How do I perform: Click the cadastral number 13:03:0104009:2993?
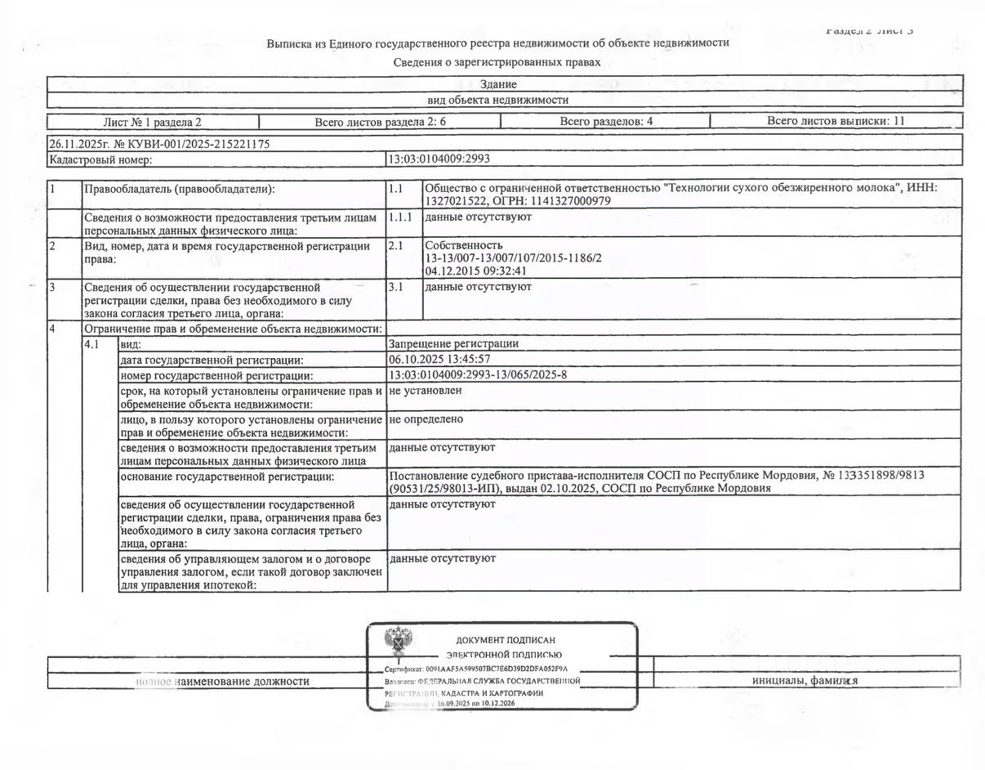tap(439, 159)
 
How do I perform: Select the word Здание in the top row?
tap(498, 84)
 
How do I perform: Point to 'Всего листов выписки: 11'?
tap(836, 121)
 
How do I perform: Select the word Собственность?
tap(464, 245)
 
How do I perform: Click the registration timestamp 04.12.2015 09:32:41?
tap(475, 271)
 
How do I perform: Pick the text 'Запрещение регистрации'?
tap(454, 344)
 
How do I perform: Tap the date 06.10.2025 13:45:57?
tap(440, 359)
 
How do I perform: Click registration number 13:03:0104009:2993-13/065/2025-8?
tap(478, 374)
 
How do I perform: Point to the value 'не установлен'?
tap(426, 391)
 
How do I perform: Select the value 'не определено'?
tap(426, 419)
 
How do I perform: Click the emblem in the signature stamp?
tap(398, 644)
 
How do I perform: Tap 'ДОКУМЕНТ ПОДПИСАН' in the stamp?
tap(505, 640)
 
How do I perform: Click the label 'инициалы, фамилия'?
tap(804, 681)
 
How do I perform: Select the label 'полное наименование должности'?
tap(222, 681)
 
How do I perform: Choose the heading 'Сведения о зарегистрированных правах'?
tap(497, 62)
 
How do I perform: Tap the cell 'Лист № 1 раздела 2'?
tap(152, 122)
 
